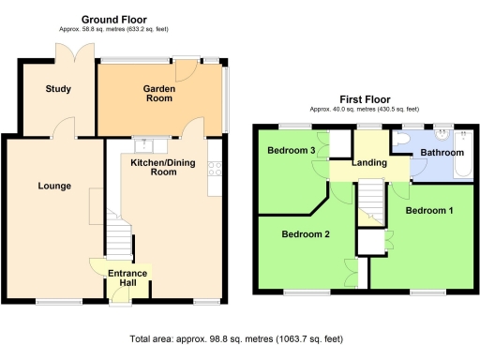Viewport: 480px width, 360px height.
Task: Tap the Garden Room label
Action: tap(161, 92)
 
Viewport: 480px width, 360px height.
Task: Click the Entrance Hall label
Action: tap(127, 279)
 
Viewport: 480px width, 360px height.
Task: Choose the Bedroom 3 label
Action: tap(291, 151)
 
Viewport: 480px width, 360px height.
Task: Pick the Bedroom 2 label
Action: tap(306, 234)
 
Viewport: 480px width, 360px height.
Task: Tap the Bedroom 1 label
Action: tap(429, 211)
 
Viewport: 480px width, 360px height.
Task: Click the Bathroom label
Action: tap(442, 152)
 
